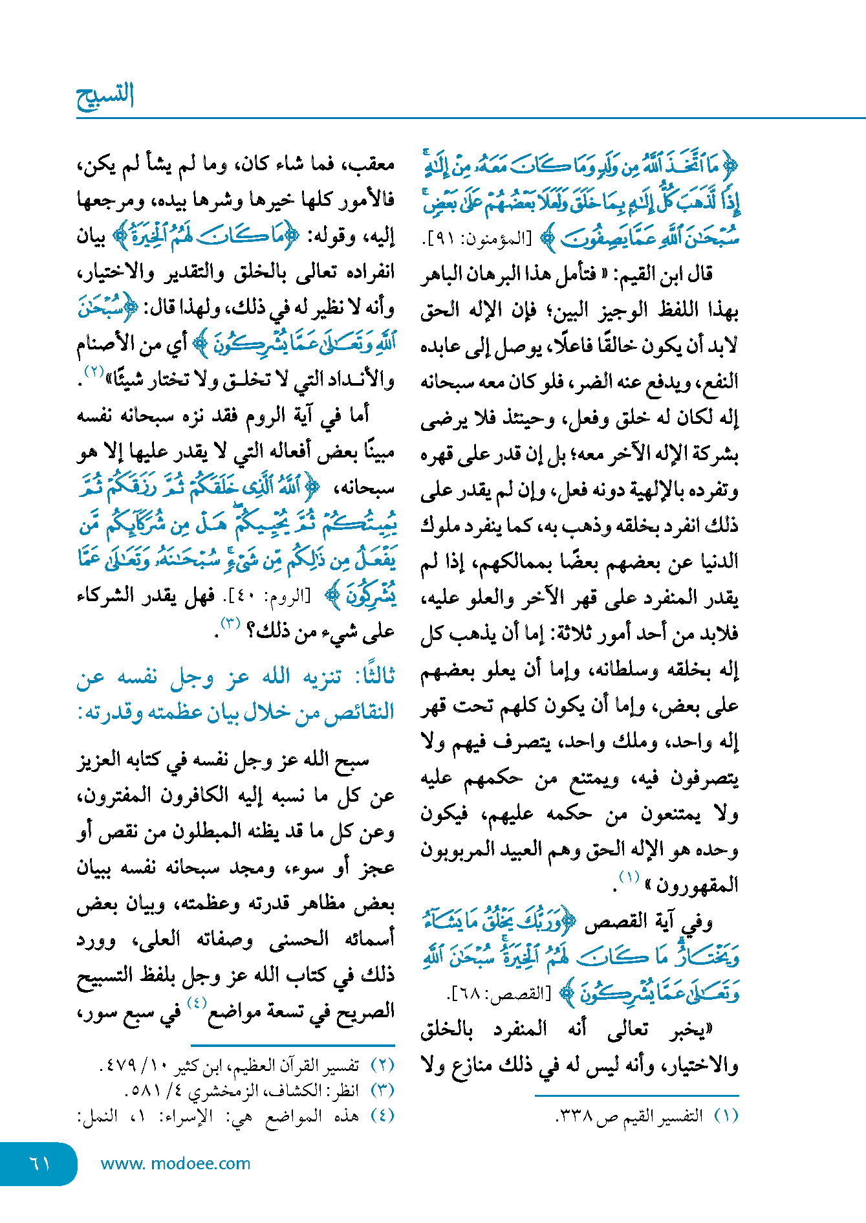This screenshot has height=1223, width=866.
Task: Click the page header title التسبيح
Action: (x=105, y=96)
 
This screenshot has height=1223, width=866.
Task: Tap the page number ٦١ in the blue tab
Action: (x=40, y=1163)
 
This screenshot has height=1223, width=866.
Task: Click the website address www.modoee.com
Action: (x=175, y=1163)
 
